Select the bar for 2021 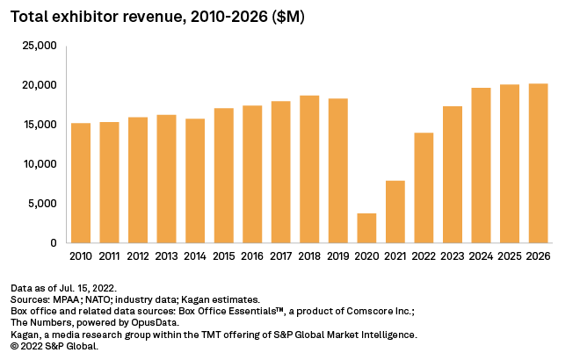pyautogui.click(x=396, y=212)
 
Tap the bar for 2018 pyautogui.click(x=310, y=169)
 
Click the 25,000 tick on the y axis pyautogui.click(x=41, y=46)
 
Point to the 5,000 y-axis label pyautogui.click(x=44, y=204)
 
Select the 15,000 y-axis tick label pyautogui.click(x=41, y=125)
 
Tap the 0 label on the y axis pyautogui.click(x=54, y=243)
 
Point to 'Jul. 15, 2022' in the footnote pyautogui.click(x=90, y=288)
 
